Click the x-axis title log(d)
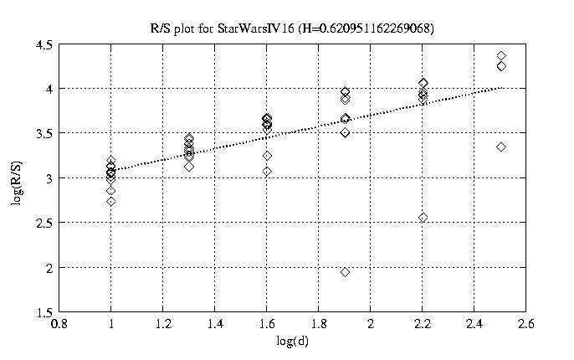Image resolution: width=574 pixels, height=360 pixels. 291,342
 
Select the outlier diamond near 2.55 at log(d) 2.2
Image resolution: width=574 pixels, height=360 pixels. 423,218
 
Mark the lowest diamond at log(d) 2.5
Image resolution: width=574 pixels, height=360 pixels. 500,147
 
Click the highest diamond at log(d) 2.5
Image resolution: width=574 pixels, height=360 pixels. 500,55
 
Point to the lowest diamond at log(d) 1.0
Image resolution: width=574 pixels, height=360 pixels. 110,201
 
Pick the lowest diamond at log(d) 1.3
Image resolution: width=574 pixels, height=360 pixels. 189,167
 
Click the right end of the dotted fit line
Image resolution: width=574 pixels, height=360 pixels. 500,87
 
